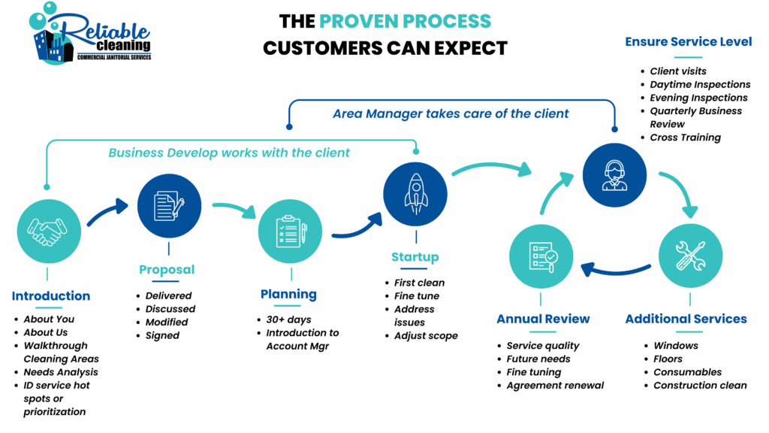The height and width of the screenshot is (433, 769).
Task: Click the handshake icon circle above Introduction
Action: pyautogui.click(x=48, y=232)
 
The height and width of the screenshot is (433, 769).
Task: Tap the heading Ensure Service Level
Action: pyautogui.click(x=688, y=42)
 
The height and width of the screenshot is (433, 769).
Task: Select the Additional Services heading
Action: pyautogui.click(x=686, y=319)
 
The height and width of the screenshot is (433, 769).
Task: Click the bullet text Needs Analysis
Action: pyautogui.click(x=61, y=372)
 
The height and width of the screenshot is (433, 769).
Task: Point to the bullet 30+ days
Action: pyautogui.click(x=288, y=319)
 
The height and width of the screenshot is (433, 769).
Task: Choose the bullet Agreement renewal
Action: pyautogui.click(x=555, y=386)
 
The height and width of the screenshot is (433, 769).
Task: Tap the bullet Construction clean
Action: pyautogui.click(x=700, y=386)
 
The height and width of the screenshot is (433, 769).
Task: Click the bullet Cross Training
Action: pyautogui.click(x=685, y=138)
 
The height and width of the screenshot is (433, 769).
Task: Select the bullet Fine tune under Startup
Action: pyautogui.click(x=417, y=296)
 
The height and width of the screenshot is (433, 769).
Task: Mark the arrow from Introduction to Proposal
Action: pyautogui.click(x=108, y=213)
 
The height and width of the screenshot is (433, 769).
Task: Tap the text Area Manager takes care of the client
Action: pyautogui.click(x=451, y=114)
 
